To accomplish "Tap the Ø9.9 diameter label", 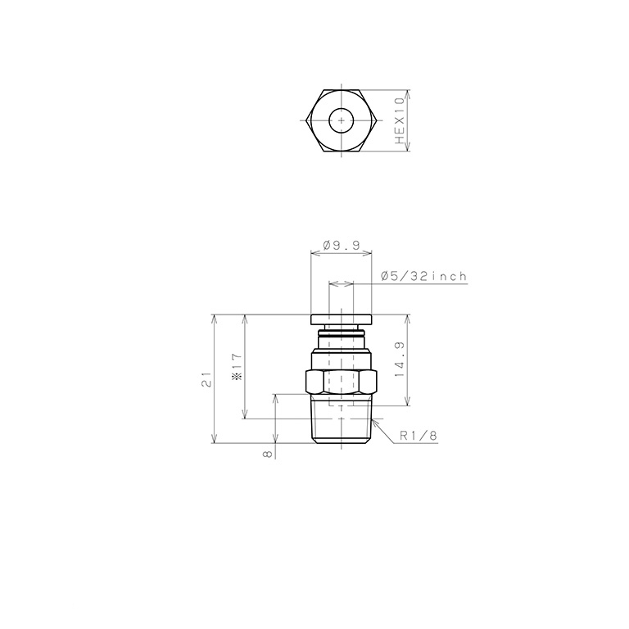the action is (x=342, y=245).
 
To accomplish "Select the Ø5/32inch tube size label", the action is (x=424, y=276).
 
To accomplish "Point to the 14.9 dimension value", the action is (x=400, y=360).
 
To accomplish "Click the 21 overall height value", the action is (x=206, y=379).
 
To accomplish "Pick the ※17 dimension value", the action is (x=238, y=367).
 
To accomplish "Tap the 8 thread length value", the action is (x=268, y=454).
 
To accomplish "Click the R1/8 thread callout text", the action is (x=418, y=436).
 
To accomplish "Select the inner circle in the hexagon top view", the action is (x=341, y=120).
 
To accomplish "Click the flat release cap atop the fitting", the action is (x=342, y=319).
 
